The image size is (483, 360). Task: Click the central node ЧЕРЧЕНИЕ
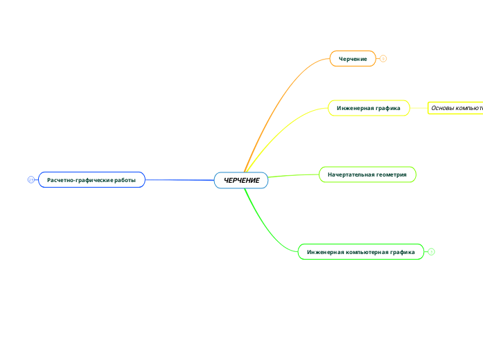point(241,180)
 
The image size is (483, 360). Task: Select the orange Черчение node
point(353,59)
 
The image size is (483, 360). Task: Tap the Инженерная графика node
point(368,108)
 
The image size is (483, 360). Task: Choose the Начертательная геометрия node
point(367,174)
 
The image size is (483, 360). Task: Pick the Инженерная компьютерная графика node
point(360,252)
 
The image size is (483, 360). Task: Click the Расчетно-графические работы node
point(91,180)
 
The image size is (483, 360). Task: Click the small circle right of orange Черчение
point(383,59)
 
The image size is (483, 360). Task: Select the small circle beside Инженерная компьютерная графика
point(431,252)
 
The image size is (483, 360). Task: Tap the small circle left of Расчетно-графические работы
point(30,180)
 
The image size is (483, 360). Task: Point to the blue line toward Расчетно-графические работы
point(180,180)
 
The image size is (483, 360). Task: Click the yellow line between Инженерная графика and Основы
point(419,108)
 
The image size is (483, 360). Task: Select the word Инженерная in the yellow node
point(353,108)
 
